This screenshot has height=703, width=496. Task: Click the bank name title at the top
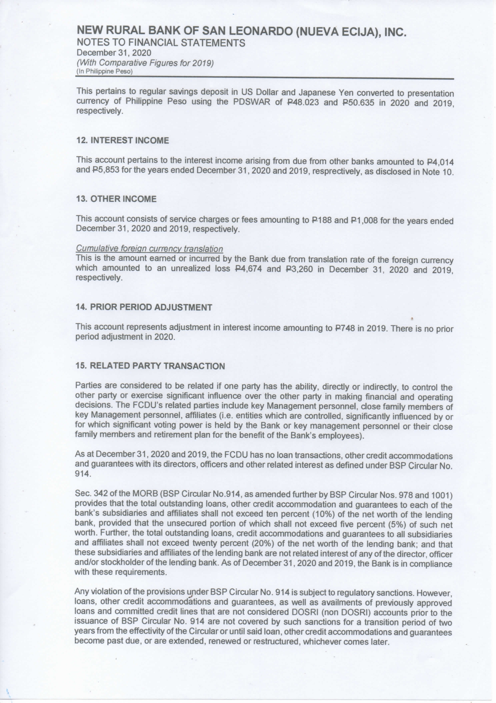coord(242,31)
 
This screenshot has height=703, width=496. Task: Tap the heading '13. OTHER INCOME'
coord(116,199)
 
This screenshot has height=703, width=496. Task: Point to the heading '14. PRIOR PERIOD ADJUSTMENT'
coord(144,308)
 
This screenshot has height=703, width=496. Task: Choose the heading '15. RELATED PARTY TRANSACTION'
coord(150,366)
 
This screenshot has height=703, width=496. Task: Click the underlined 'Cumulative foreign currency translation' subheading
coord(149,249)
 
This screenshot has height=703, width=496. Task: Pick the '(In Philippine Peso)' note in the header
coord(104,71)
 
